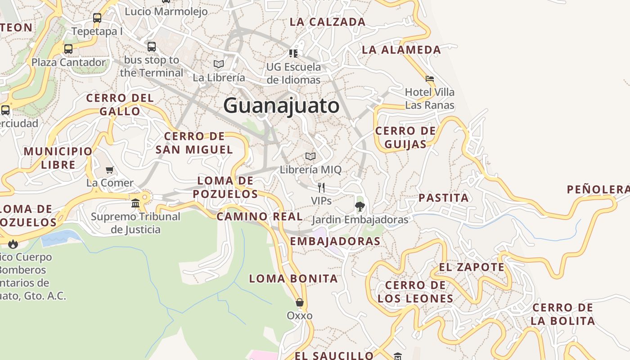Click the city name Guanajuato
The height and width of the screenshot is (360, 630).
point(281,106)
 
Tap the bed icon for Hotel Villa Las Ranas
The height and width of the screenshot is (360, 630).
point(430,79)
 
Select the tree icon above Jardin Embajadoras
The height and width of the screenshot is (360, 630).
point(360,207)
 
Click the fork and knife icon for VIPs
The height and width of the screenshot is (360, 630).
point(321,187)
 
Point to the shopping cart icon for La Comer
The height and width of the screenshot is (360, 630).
point(110,170)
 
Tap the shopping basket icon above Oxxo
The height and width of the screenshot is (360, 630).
point(300,302)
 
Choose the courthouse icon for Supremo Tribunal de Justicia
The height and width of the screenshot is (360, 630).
point(135,203)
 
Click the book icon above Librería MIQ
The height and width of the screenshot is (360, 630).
point(310,156)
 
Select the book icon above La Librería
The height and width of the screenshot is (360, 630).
point(219,64)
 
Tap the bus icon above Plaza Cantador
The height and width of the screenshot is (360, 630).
point(68,49)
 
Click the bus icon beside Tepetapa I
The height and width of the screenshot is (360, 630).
point(97,18)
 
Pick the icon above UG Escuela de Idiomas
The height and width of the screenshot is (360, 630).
point(293,54)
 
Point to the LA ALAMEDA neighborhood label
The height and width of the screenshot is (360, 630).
point(401,49)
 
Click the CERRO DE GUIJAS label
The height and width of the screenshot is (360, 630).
point(405,137)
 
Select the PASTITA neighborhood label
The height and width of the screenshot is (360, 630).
point(444,198)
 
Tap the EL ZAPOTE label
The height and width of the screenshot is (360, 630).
point(472,267)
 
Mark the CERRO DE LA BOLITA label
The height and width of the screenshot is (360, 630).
point(562,314)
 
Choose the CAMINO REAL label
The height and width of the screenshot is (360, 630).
point(260,216)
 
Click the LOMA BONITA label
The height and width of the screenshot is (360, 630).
point(293,279)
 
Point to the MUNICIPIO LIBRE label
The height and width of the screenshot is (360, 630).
point(58,157)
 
